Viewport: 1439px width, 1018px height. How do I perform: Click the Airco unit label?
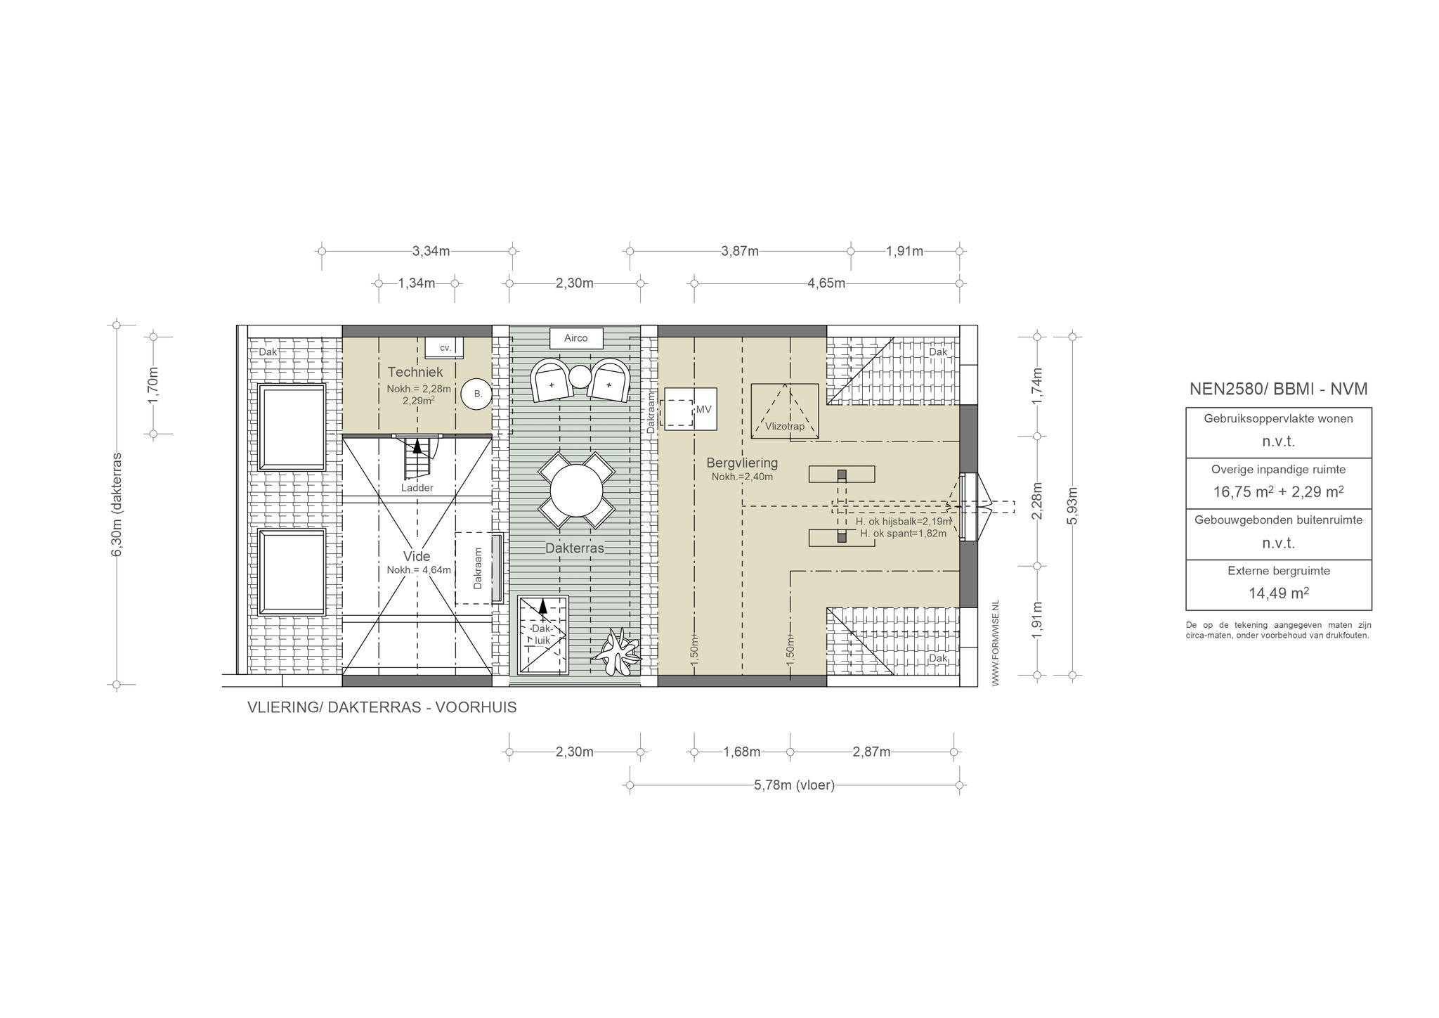point(575,338)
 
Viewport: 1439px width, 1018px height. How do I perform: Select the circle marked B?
point(477,394)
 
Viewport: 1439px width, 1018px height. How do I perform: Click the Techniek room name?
point(415,372)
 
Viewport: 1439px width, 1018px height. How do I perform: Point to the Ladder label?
point(417,488)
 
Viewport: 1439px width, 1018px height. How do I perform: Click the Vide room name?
point(417,557)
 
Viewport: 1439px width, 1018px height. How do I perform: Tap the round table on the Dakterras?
point(576,491)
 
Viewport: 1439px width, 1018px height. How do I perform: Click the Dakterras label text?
point(575,548)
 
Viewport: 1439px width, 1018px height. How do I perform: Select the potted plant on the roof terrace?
point(616,653)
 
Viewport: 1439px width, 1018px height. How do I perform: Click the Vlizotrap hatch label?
point(785,426)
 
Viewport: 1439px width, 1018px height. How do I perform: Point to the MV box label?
point(703,409)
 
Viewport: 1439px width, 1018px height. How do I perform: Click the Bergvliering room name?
point(742,463)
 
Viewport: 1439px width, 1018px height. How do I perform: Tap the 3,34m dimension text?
point(431,251)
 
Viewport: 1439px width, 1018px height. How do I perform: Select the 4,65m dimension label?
point(826,283)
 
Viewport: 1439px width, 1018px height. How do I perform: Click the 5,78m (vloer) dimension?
point(794,785)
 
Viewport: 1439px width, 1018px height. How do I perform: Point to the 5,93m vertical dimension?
point(1072,505)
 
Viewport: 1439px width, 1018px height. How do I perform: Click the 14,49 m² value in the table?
point(1278,593)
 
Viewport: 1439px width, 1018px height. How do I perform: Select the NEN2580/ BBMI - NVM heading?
point(1278,389)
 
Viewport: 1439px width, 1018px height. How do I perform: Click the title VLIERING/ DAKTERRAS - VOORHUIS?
point(382,708)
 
